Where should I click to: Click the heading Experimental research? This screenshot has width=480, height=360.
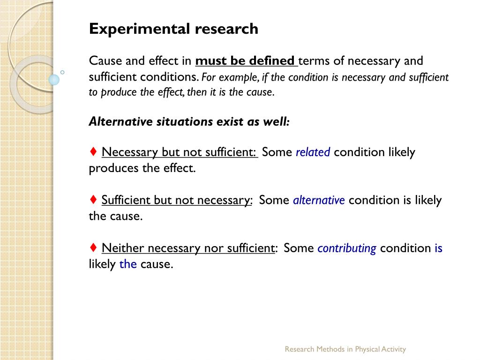tap(173, 29)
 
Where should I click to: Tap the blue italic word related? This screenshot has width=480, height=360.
tap(313, 152)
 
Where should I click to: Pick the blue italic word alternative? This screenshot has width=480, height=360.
tap(319, 201)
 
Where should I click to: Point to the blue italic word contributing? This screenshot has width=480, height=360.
tap(347, 248)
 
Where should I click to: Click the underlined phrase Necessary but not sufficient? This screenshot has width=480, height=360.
tap(179, 152)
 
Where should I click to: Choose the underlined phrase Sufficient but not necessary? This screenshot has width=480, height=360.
tap(177, 201)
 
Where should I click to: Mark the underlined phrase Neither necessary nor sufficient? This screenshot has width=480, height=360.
tap(188, 248)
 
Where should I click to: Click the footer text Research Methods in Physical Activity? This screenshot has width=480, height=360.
tap(345, 349)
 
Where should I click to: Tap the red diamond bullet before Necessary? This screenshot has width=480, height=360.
tap(94, 152)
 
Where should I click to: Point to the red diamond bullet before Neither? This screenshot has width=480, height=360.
tap(94, 248)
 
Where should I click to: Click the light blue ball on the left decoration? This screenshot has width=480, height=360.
tap(54, 80)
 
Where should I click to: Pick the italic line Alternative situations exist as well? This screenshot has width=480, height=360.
tap(189, 122)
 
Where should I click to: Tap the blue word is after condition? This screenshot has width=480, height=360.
tap(438, 248)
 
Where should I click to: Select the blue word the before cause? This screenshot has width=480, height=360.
tap(128, 264)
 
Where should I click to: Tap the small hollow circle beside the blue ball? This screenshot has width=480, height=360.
tap(62, 72)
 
